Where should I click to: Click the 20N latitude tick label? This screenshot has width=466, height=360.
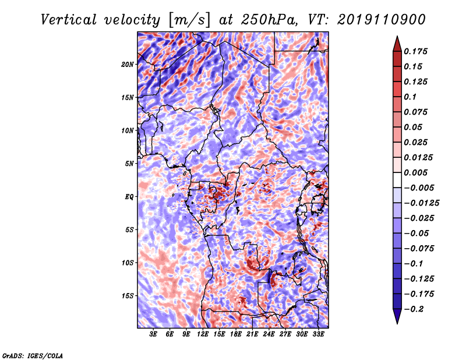pyautogui.click(x=128, y=65)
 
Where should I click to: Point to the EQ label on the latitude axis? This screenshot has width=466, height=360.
pyautogui.click(x=129, y=197)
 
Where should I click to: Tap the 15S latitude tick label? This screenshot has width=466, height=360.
pyautogui.click(x=128, y=296)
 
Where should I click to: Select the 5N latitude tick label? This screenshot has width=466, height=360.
pyautogui.click(x=129, y=164)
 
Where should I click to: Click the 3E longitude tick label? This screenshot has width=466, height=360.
pyautogui.click(x=153, y=334)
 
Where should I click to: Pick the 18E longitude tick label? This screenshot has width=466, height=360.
pyautogui.click(x=236, y=334)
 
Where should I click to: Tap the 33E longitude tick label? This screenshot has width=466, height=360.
pyautogui.click(x=318, y=334)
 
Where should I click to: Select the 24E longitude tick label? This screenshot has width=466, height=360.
pyautogui.click(x=269, y=334)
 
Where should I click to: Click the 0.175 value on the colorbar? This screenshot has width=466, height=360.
pyautogui.click(x=415, y=51)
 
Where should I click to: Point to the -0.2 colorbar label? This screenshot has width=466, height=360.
pyautogui.click(x=414, y=309)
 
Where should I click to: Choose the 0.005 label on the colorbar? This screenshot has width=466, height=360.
pyautogui.click(x=415, y=172)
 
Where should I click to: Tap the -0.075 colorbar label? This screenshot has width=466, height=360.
pyautogui.click(x=419, y=249)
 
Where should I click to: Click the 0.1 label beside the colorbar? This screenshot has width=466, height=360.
pyautogui.click(x=410, y=97)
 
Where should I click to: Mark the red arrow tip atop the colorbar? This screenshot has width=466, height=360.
pyautogui.click(x=397, y=37)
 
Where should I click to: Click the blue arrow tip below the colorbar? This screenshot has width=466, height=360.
pyautogui.click(x=397, y=323)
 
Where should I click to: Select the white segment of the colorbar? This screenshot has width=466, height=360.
pyautogui.click(x=397, y=180)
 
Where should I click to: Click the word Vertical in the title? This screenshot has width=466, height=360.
pyautogui.click(x=69, y=20)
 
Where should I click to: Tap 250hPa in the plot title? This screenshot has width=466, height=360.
pyautogui.click(x=269, y=20)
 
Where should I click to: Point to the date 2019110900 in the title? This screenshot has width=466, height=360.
pyautogui.click(x=382, y=20)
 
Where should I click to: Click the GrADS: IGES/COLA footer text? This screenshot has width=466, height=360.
pyautogui.click(x=33, y=356)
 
